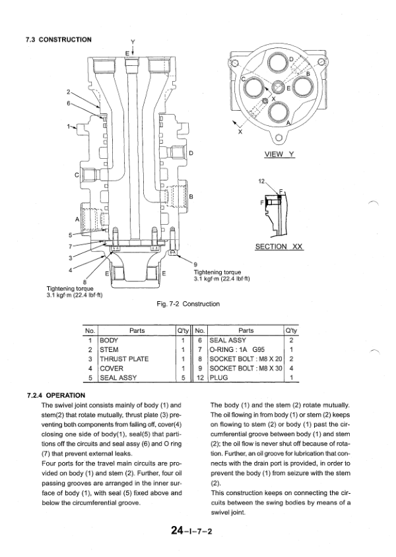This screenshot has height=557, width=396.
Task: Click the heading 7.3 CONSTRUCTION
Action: click(58, 40)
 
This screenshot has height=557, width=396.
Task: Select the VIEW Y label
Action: click(278, 154)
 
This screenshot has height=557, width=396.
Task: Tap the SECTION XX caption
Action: click(278, 246)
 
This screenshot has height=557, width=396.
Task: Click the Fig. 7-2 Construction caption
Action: click(186, 304)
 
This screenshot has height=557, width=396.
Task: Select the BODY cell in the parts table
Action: click(110, 340)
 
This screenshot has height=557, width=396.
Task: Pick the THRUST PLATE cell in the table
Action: click(123, 359)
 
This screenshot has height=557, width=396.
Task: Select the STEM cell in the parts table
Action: click(108, 349)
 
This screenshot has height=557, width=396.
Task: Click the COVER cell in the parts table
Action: click(111, 368)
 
